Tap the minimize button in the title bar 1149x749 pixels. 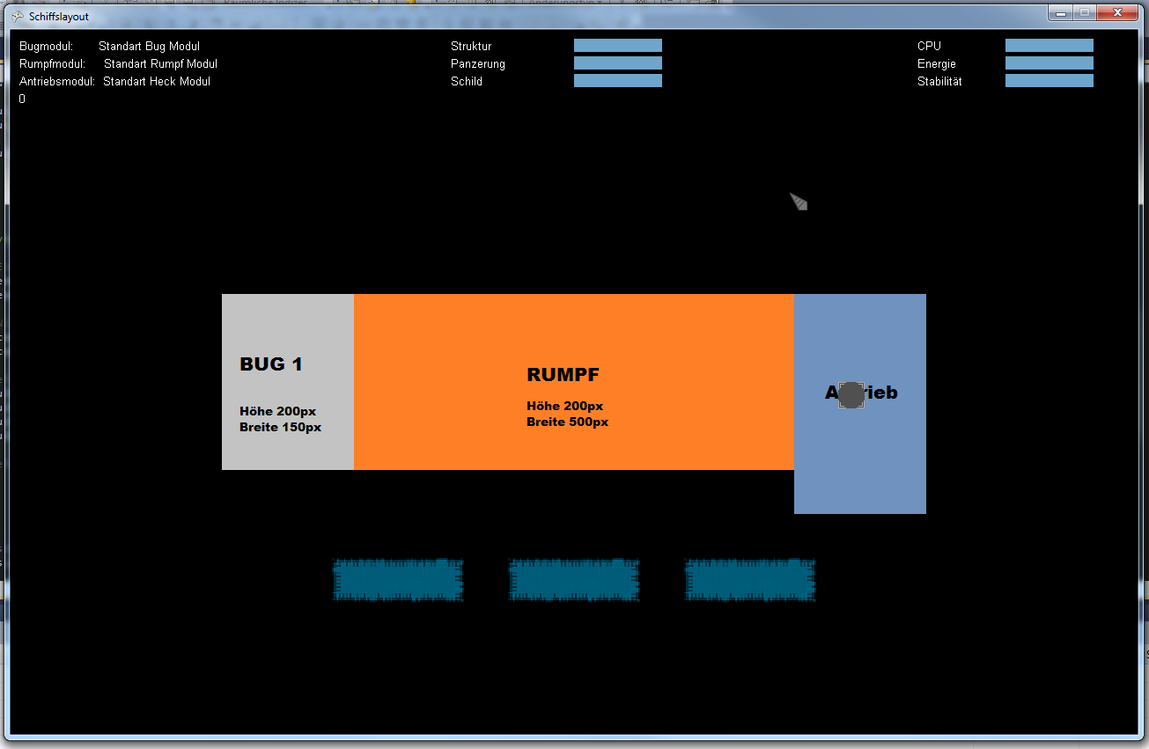pos(1060,13)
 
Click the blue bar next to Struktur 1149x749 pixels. pos(617,46)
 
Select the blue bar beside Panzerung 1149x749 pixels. pos(617,63)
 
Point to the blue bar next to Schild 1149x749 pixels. pos(617,81)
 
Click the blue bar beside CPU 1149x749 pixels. pos(1049,46)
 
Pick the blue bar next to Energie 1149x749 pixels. pos(1049,63)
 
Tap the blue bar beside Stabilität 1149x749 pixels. pos(1049,81)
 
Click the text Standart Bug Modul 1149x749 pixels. pos(149,46)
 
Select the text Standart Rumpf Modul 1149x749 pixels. pos(160,63)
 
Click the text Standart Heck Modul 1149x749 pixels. pos(157,81)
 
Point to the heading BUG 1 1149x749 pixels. pos(271,364)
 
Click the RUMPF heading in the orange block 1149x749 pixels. pos(563,375)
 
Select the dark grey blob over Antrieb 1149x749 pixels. pos(851,395)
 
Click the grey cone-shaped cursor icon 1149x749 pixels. pos(799,202)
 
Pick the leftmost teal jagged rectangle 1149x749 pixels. pos(398,580)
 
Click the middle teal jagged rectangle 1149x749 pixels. pos(574,580)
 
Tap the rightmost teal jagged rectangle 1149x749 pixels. pos(750,580)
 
